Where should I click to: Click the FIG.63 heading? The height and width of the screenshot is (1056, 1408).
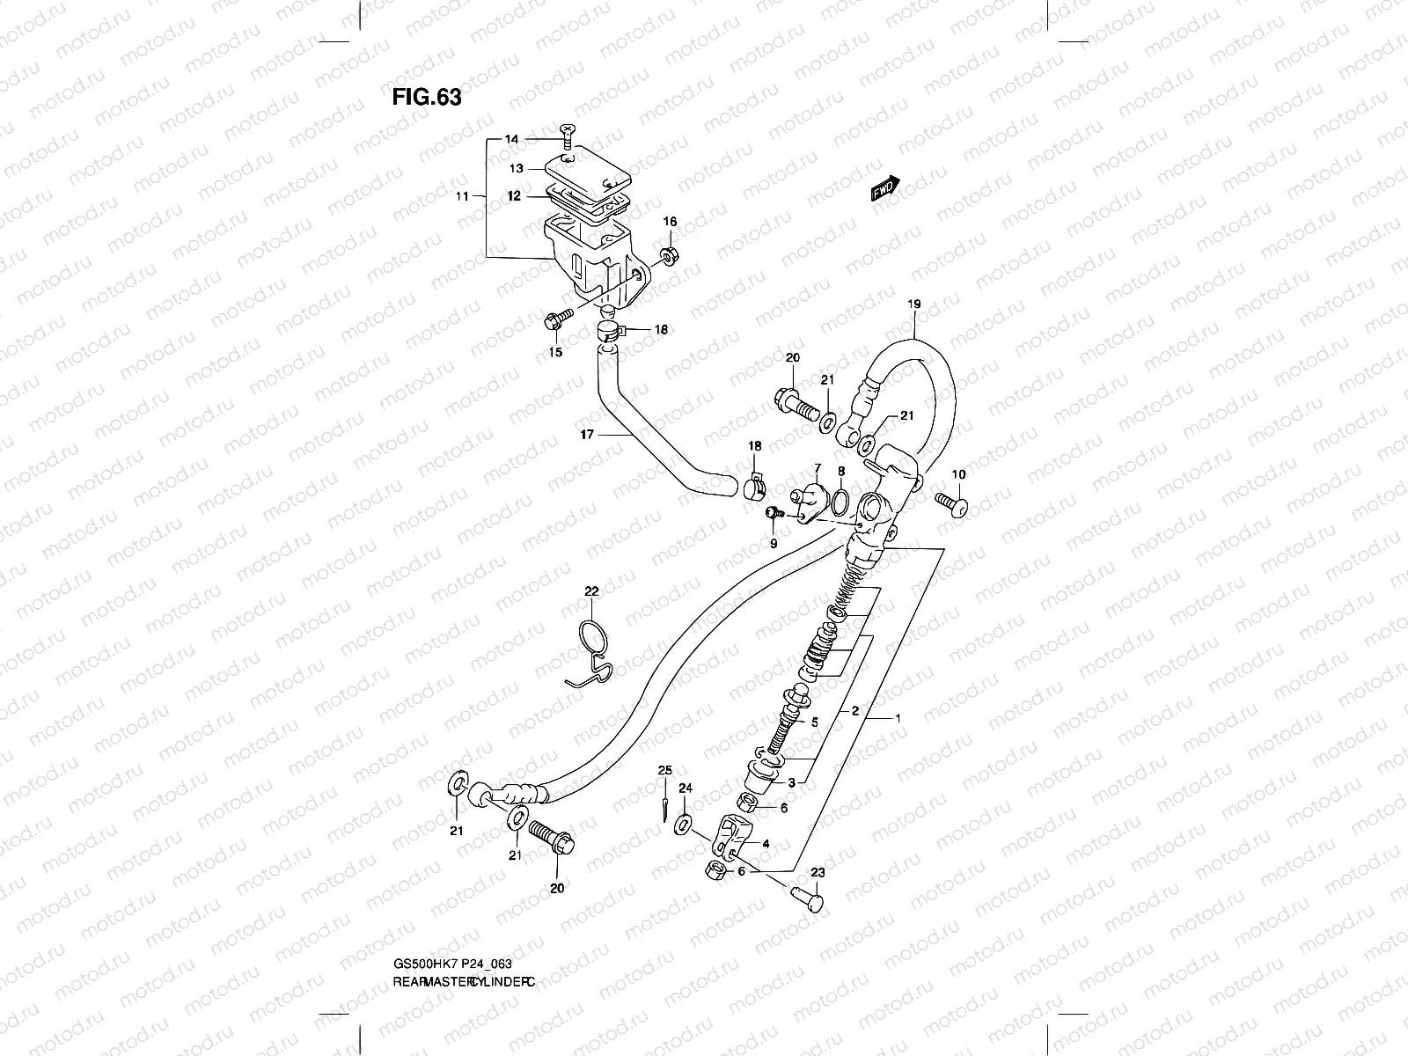[427, 96]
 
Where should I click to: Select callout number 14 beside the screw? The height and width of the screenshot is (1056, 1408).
[511, 139]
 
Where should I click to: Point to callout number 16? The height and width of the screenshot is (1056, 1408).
[670, 222]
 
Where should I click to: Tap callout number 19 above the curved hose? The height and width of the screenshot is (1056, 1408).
[913, 304]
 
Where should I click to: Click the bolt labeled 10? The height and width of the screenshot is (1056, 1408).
[952, 504]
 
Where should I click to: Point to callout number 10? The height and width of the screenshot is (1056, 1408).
[958, 474]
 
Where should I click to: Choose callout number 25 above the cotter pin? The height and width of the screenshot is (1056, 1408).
[665, 770]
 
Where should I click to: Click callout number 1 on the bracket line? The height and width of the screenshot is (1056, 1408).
[897, 719]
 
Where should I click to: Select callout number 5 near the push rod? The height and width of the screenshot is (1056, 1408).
[815, 722]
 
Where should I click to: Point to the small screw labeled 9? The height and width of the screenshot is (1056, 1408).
[774, 512]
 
